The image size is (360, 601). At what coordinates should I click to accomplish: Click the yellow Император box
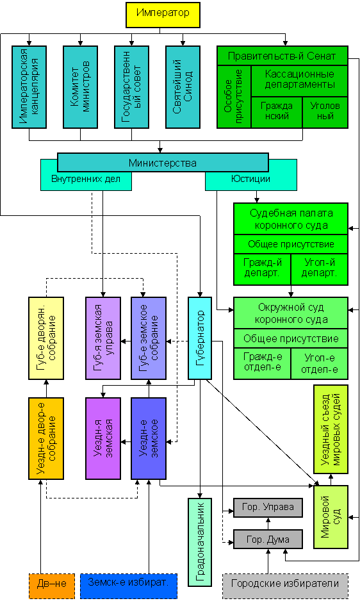[163, 15]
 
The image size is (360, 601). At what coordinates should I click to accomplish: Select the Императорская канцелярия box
[29, 87]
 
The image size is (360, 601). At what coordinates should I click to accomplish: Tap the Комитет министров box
[80, 87]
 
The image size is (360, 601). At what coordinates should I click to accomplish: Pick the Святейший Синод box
[183, 87]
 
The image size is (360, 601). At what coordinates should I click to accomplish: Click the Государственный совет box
[131, 87]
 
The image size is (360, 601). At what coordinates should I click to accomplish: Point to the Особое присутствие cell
[234, 97]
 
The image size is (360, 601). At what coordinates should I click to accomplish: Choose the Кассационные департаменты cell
[299, 81]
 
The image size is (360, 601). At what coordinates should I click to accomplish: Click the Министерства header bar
[163, 163]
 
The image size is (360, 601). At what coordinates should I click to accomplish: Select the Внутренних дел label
[86, 179]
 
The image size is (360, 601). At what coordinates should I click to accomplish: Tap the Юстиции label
[250, 179]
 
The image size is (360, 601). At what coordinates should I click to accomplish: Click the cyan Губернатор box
[200, 338]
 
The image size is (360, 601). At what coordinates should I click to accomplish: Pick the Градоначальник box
[200, 542]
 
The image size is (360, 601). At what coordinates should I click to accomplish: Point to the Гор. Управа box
[268, 507]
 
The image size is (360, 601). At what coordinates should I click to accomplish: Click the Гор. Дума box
[268, 539]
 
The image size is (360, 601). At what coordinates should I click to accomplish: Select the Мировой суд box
[331, 516]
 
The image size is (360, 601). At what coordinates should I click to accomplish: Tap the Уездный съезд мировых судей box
[331, 429]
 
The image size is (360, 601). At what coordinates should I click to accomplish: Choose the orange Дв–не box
[46, 586]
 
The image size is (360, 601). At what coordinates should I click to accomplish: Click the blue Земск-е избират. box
[129, 586]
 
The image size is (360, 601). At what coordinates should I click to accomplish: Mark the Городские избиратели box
[285, 586]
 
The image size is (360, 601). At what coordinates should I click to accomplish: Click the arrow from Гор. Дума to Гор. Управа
[268, 523]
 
